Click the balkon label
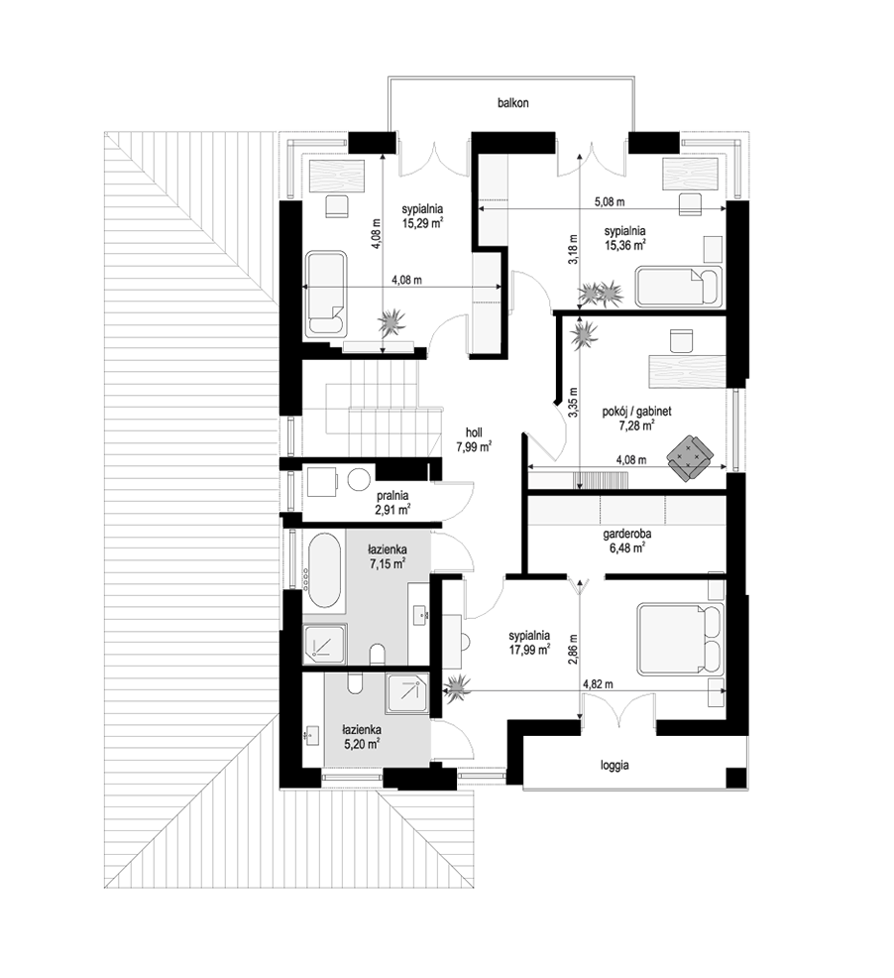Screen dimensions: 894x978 [512, 103]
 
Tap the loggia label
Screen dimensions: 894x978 [615, 766]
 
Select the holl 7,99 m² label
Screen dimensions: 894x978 [474, 439]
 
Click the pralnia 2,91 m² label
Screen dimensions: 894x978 [392, 503]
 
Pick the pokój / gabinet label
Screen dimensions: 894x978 [636, 412]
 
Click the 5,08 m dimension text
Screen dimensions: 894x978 [610, 202]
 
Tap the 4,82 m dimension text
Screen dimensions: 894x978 [598, 684]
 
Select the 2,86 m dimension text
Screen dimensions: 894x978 [573, 650]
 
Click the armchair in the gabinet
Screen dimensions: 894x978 [689, 458]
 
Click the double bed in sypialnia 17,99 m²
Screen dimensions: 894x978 [681, 638]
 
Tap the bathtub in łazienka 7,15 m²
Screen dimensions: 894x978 [323, 568]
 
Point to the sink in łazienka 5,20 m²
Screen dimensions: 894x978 [312, 736]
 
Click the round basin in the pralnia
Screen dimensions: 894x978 [358, 480]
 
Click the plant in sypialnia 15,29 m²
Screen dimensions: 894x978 [392, 321]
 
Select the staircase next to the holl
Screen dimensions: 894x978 [384, 410]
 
